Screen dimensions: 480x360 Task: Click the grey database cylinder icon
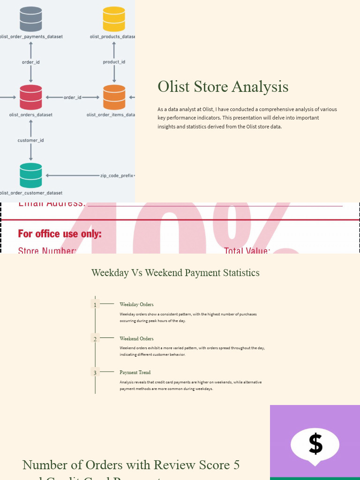tap(31, 19)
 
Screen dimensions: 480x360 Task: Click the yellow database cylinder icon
tap(114, 19)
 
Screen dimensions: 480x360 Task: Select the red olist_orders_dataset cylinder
tap(31, 97)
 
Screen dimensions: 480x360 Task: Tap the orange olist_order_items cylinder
tap(114, 97)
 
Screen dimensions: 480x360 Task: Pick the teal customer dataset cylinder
tap(31, 175)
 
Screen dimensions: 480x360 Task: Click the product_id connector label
tap(114, 62)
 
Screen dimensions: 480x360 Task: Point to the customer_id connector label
tap(31, 140)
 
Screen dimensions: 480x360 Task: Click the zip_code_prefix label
tap(117, 176)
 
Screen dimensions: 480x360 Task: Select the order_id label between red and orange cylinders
tap(73, 97)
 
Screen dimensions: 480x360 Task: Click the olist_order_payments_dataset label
tap(31, 37)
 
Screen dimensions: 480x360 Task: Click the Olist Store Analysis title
tap(223, 87)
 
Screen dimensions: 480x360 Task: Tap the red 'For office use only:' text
tap(60, 234)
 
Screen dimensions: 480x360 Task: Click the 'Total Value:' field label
tap(247, 251)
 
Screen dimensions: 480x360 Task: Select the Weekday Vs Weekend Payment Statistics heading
tap(175, 273)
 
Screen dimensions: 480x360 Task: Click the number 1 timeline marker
tap(95, 305)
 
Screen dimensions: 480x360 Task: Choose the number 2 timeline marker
tap(95, 338)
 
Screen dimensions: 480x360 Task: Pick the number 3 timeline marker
tap(95, 373)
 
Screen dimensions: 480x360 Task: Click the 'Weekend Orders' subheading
tap(136, 338)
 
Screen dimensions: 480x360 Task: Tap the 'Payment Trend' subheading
tap(135, 373)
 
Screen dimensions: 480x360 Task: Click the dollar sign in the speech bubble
tap(315, 443)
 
